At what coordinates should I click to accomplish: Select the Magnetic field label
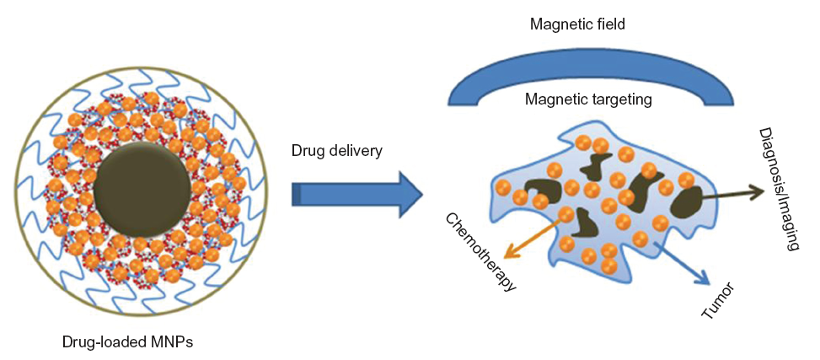point(576,24)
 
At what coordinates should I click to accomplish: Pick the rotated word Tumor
point(718,301)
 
